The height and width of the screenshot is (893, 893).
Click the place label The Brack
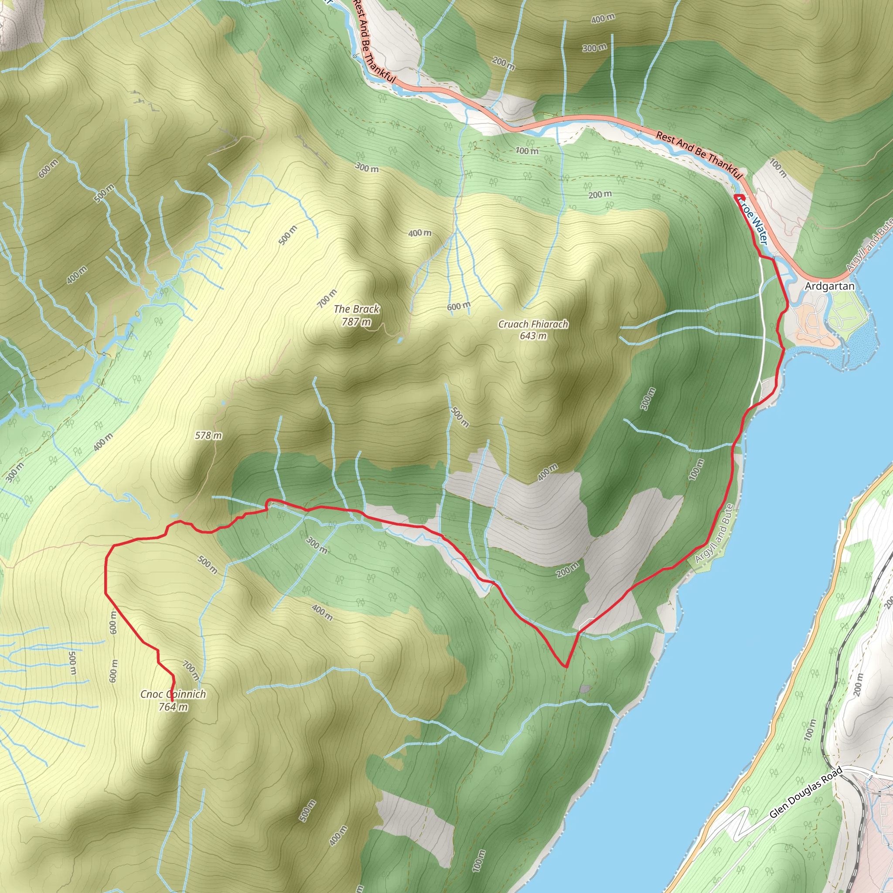pos(356,309)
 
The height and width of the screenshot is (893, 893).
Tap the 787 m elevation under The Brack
pos(356,321)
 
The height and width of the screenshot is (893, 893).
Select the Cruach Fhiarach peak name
pos(533,324)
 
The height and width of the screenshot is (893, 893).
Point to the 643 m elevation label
pos(533,336)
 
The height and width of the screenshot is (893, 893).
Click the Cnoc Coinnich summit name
pos(173,694)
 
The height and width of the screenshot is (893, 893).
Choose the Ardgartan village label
pos(830,286)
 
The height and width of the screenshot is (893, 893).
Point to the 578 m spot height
pos(208,436)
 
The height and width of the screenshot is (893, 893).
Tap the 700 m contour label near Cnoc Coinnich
pos(191,670)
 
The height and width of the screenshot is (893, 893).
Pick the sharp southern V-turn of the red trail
pos(565,667)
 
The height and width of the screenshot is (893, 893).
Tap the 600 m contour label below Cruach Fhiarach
pos(459,306)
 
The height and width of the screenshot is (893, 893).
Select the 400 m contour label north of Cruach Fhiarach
pos(420,233)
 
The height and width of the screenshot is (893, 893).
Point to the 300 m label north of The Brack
pos(367,168)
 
